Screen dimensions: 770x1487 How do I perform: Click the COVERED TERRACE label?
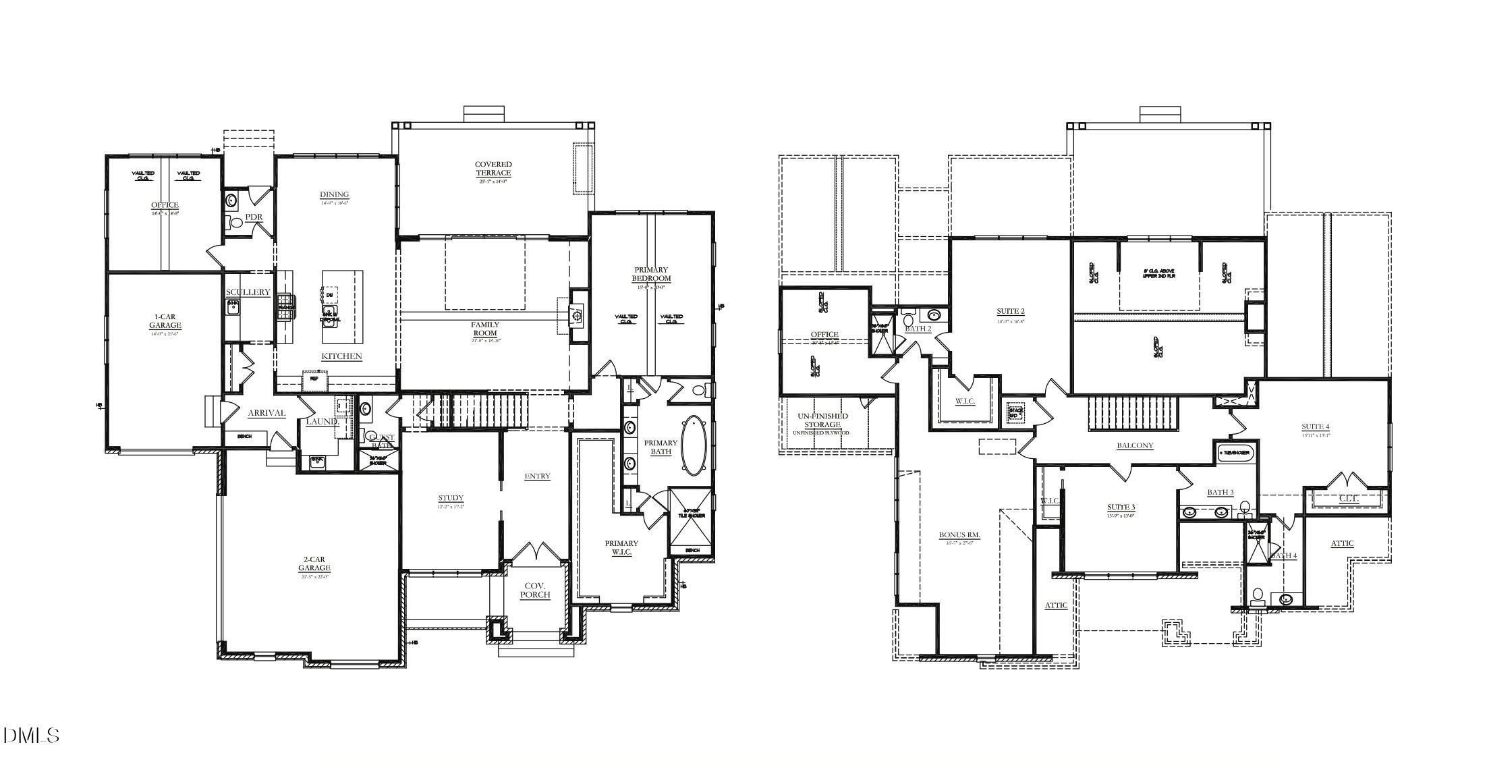tap(493, 169)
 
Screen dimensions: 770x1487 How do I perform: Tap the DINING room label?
tap(334, 195)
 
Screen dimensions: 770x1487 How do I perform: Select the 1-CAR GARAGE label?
tap(165, 321)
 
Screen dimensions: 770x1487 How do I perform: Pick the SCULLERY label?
tap(248, 292)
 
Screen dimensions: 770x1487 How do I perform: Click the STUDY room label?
tap(450, 499)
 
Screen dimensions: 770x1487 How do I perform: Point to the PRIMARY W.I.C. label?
tap(621, 547)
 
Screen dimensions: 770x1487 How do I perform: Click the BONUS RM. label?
tap(959, 535)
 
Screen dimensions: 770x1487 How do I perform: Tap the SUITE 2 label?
tap(1010, 311)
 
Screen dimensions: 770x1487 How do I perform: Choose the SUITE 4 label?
tap(1315, 427)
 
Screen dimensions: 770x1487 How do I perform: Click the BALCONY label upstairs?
tap(1135, 445)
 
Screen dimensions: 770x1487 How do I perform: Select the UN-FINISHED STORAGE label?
tap(820, 420)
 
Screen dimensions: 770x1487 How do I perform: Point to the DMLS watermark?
tap(32, 735)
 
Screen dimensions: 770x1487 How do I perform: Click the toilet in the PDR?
tap(237, 222)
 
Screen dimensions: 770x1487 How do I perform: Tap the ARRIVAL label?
tap(266, 413)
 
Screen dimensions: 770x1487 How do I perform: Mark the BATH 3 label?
tap(1220, 492)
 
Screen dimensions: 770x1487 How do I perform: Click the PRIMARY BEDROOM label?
tap(651, 274)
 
